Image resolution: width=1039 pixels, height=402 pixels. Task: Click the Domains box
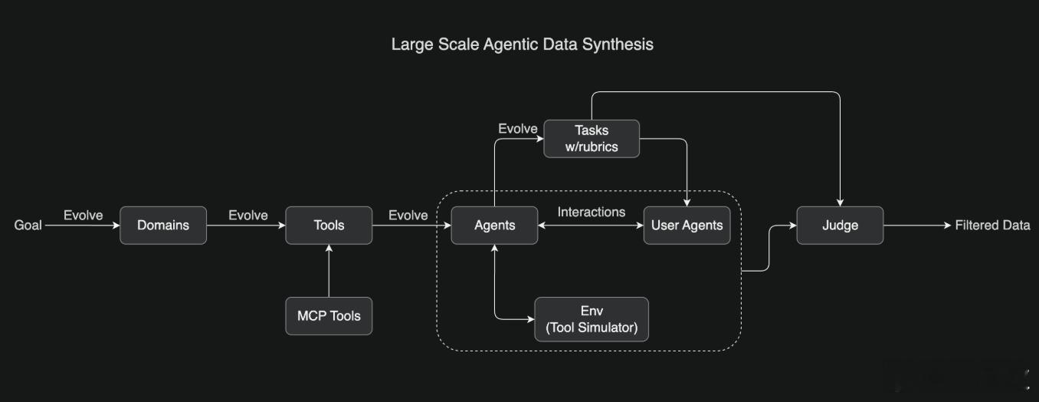click(x=163, y=225)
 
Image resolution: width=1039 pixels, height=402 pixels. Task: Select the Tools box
click(x=329, y=225)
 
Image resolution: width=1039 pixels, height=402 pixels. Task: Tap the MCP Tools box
click(x=329, y=316)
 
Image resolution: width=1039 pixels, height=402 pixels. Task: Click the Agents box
click(x=494, y=225)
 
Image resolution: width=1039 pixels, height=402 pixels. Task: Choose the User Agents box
click(x=687, y=225)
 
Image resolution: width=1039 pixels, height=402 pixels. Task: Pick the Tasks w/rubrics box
click(x=592, y=139)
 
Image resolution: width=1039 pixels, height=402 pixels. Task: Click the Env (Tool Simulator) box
click(x=592, y=319)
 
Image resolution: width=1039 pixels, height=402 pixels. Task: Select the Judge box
click(x=840, y=225)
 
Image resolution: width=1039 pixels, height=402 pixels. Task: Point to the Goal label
click(x=28, y=225)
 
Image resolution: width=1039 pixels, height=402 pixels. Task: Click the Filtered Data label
click(x=992, y=225)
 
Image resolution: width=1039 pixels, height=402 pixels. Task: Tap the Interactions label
click(x=592, y=213)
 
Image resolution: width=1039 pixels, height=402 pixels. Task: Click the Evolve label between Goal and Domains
click(x=83, y=216)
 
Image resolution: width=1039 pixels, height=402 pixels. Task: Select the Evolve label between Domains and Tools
click(x=248, y=216)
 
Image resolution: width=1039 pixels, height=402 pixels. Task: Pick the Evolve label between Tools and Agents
click(x=408, y=216)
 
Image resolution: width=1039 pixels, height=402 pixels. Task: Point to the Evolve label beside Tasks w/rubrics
click(x=518, y=129)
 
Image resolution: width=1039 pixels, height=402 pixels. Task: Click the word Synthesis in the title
click(x=618, y=44)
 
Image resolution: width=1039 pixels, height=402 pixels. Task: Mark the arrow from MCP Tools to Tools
click(x=329, y=271)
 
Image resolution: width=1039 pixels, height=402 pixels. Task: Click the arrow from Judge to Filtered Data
click(x=917, y=225)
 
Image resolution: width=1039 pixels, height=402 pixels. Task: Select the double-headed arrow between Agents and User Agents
click(x=591, y=226)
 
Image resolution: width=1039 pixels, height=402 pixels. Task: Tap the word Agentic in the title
click(x=510, y=44)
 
